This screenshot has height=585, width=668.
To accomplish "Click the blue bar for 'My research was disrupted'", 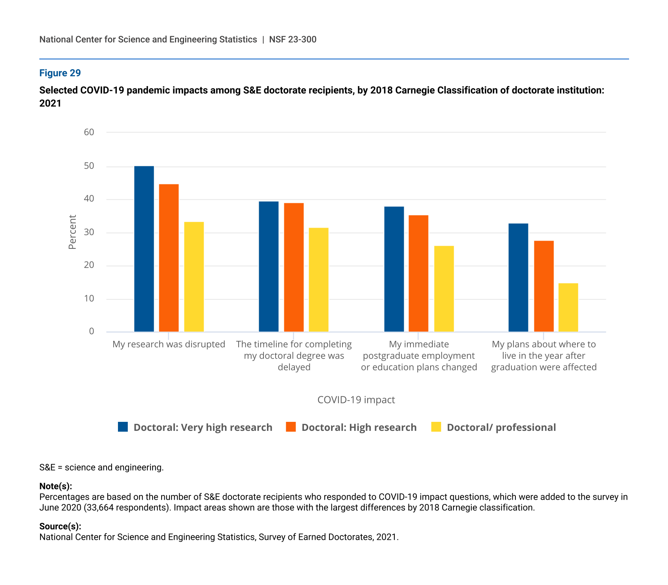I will [144, 249].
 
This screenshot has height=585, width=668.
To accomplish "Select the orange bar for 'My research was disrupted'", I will [169, 258].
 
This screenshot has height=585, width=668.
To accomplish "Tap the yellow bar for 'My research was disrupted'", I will [194, 277].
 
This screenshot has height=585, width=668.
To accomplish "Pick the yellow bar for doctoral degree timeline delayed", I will [318, 280].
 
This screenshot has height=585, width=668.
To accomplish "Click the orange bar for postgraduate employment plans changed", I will [418, 273].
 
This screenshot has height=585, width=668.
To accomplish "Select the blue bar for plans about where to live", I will [518, 278].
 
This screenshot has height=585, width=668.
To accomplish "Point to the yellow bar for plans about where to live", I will [568, 307].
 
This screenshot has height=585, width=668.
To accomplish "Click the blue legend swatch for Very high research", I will [123, 427].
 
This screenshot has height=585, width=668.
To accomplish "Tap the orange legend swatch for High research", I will [291, 427].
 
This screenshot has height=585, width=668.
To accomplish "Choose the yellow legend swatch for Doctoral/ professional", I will [436, 427].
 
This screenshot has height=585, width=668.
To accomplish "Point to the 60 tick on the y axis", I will [89, 132].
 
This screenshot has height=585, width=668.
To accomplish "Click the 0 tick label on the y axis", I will [92, 331].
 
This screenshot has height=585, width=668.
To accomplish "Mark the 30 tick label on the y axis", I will [89, 232].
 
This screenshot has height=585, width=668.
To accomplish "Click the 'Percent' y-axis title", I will [72, 232].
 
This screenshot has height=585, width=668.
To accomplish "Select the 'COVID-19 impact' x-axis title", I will [356, 400].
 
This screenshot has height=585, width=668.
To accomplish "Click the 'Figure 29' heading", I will [60, 73].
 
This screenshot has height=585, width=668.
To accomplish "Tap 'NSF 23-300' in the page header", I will [293, 39].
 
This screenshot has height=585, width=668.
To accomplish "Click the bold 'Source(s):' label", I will [60, 526].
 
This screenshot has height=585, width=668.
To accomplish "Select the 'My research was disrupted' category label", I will [169, 344].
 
